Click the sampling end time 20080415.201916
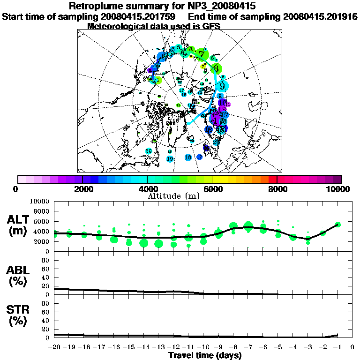(320, 16)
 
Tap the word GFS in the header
(211, 26)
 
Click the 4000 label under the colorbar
(147, 189)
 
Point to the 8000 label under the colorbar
(277, 189)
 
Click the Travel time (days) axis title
(205, 356)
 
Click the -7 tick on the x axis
(248, 347)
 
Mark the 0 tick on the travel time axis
(352, 347)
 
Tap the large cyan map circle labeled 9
(223, 86)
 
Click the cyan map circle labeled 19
(170, 159)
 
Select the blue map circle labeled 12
(209, 129)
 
